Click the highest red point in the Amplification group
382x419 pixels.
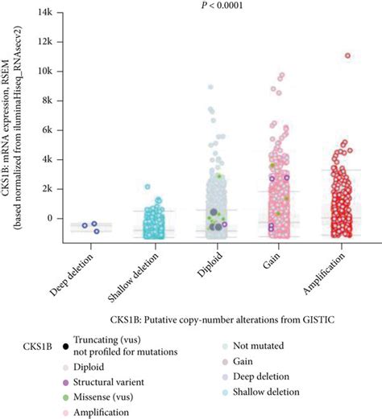click(x=348, y=56)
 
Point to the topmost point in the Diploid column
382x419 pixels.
click(x=211, y=87)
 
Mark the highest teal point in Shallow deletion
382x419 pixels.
click(x=147, y=187)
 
